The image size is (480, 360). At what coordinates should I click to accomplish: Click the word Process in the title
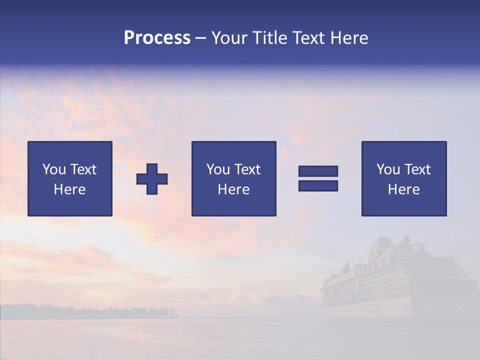pos(157,38)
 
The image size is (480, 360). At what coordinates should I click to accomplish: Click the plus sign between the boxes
pos(152,179)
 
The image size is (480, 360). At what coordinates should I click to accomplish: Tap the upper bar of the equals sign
pos(318,171)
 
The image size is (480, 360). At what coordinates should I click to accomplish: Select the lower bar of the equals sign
pos(318,185)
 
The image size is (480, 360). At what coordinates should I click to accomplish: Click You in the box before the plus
pos(54,169)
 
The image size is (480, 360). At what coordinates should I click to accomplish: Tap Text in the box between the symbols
pos(247,169)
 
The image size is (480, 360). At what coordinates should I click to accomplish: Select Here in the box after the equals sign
pos(403,189)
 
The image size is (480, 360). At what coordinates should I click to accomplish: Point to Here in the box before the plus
pos(69,189)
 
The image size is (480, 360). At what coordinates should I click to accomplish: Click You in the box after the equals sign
pos(388,169)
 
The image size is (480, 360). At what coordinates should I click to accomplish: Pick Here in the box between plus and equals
pos(233,189)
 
